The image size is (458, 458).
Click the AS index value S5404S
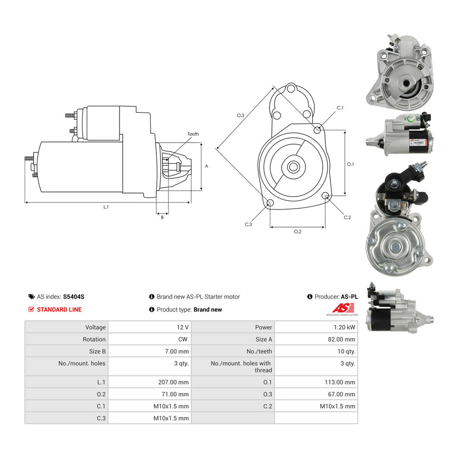[x=73, y=297]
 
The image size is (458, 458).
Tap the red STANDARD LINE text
[x=59, y=310]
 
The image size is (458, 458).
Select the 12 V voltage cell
[x=182, y=327]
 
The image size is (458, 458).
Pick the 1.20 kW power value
[x=344, y=327]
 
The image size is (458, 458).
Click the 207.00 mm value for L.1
[x=173, y=382]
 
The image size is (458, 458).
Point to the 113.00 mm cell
[x=340, y=382]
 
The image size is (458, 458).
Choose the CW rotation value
[x=183, y=339]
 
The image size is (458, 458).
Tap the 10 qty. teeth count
[x=346, y=352]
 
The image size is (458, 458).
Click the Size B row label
[x=97, y=351]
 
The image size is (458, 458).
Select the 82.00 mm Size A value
[x=342, y=339]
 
